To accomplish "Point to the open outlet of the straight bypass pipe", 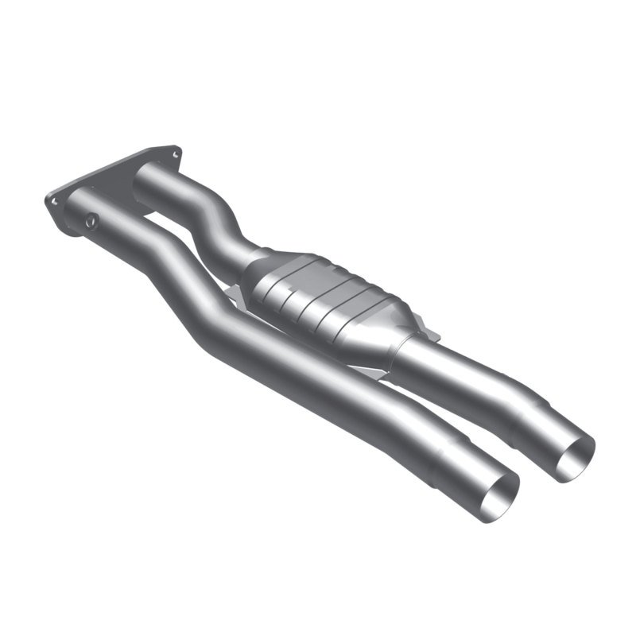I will pos(498,498).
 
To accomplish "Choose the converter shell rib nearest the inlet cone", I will pos(278,274).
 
